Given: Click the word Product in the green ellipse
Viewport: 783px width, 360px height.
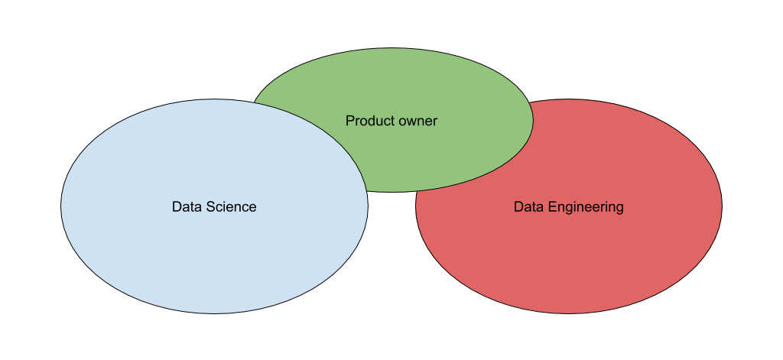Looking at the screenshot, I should [x=367, y=121].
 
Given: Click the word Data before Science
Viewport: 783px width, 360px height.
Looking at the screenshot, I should [x=186, y=207].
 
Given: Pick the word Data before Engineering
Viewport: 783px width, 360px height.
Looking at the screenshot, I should [x=528, y=207].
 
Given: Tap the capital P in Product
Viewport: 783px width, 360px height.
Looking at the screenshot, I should [x=349, y=121].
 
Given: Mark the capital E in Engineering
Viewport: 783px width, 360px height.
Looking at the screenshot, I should [x=548, y=207].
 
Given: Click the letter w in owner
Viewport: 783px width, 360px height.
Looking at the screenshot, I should [x=409, y=122].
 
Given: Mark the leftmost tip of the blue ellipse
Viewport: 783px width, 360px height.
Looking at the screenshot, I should [x=62, y=206].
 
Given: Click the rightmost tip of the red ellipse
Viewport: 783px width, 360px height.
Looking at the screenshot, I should [x=721, y=206].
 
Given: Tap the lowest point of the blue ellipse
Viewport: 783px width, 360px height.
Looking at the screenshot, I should [x=214, y=313].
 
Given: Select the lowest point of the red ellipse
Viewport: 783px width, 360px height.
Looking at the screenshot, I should [x=568, y=313].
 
